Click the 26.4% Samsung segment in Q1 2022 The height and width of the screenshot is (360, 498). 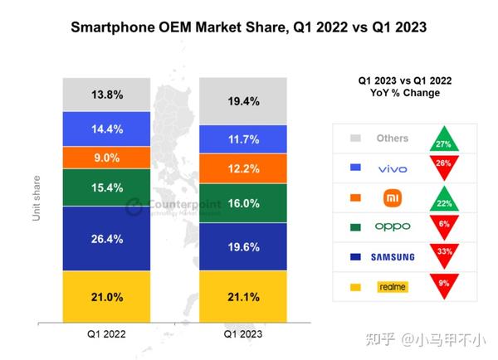(x=106, y=239)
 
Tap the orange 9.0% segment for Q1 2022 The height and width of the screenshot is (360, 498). (x=106, y=158)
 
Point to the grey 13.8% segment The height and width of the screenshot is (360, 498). (x=106, y=95)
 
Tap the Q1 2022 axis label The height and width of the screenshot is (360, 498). (x=106, y=334)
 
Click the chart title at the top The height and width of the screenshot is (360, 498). (x=248, y=27)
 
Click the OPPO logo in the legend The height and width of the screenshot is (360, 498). (x=392, y=226)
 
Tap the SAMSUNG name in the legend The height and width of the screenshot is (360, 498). (x=392, y=256)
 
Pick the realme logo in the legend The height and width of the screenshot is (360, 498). (x=392, y=286)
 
